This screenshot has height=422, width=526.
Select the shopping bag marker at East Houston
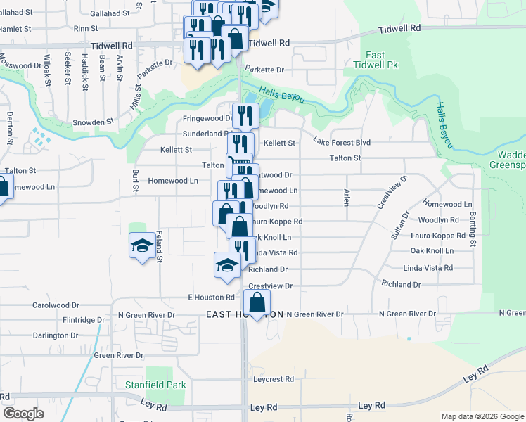pos(258,304)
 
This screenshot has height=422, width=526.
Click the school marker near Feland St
pos(143,246)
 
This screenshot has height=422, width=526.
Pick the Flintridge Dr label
pos(83,319)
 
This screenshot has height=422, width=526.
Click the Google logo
pos(23,414)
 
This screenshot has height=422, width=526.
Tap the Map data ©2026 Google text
pos(482,416)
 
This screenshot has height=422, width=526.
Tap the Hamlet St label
pos(18,28)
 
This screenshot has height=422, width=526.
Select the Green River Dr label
pos(119,355)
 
